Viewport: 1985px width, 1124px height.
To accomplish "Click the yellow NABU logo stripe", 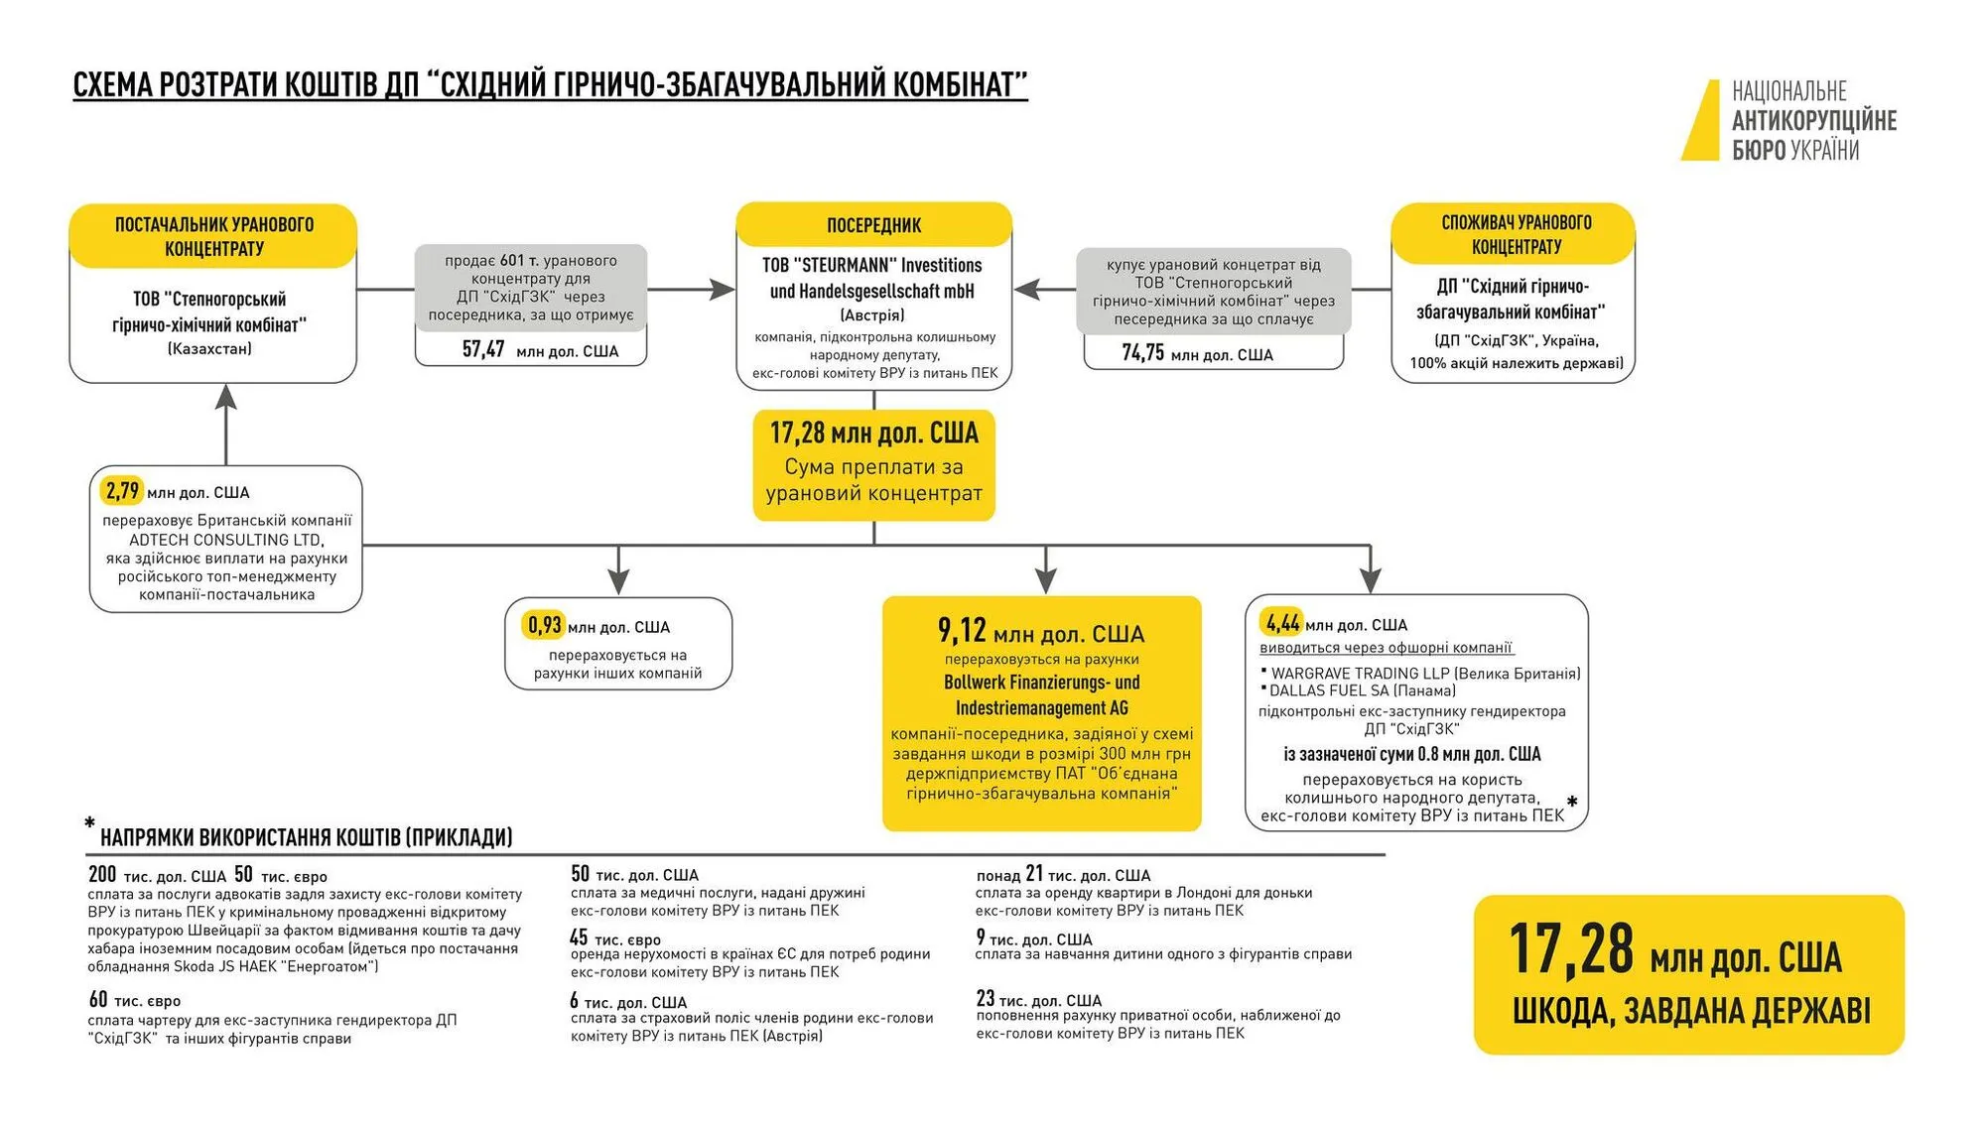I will [x=1701, y=121].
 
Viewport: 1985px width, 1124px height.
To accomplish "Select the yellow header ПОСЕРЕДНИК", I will [x=873, y=225].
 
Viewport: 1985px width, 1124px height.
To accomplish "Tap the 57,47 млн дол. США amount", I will [x=539, y=349].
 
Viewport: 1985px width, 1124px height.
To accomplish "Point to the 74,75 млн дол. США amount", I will [x=1196, y=353].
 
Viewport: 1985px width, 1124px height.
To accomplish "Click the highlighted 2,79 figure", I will [x=123, y=491].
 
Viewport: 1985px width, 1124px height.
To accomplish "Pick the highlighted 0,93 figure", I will [x=544, y=626].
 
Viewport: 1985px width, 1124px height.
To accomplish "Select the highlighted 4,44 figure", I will [x=1282, y=624].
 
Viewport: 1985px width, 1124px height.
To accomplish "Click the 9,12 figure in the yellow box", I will [x=962, y=631].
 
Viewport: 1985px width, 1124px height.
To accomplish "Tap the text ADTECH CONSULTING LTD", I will [x=225, y=540].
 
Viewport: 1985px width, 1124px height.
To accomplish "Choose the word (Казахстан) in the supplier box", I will [x=209, y=349].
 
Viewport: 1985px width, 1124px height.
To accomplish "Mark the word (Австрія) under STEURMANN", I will [x=872, y=315].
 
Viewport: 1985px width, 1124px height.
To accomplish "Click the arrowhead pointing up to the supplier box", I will [x=226, y=397].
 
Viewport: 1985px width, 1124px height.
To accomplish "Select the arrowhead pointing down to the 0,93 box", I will [x=618, y=582].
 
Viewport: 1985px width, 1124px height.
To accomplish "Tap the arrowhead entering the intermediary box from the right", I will [x=1027, y=290].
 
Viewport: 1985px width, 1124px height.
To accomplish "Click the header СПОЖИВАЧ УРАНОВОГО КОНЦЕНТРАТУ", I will [x=1516, y=234].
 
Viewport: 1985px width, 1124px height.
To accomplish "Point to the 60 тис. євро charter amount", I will [x=135, y=1000].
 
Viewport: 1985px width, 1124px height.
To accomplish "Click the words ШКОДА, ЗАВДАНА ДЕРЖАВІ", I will [x=1690, y=1011].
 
